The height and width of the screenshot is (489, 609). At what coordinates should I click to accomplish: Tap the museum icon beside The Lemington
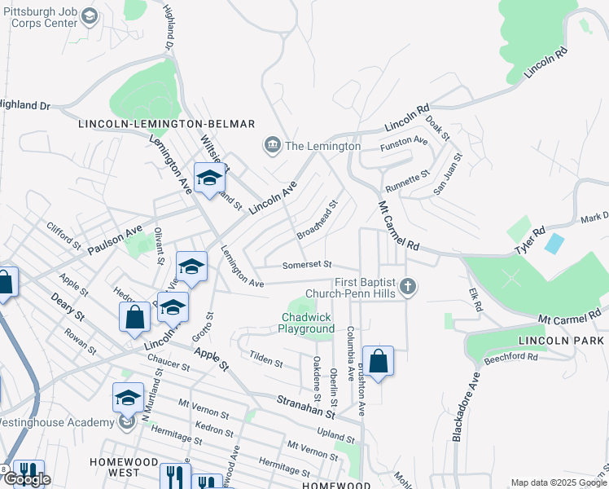(272, 146)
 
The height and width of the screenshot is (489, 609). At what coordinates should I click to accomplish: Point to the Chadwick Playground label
(307, 323)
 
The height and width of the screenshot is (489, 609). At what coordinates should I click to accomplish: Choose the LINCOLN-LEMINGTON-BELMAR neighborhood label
(167, 124)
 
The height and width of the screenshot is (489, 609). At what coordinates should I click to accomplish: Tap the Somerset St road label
(307, 264)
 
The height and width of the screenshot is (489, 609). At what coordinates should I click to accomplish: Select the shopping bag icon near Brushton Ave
(378, 361)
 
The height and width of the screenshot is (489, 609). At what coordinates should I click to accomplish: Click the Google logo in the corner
(27, 480)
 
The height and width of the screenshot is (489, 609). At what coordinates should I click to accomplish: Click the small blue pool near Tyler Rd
(554, 243)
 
